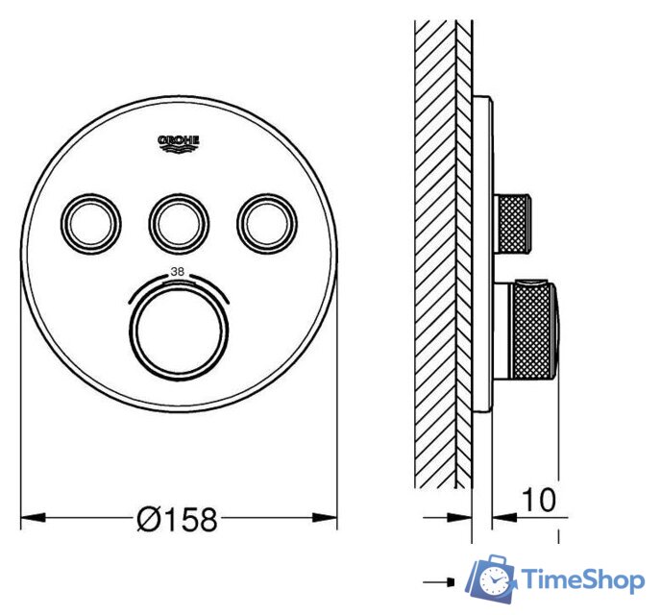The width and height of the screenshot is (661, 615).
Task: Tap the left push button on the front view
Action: pyautogui.click(x=94, y=221)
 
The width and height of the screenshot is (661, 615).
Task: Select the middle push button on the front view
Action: pyautogui.click(x=178, y=221)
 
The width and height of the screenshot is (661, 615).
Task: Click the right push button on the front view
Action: pyautogui.click(x=261, y=221)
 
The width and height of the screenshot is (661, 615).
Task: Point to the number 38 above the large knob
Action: pyautogui.click(x=177, y=272)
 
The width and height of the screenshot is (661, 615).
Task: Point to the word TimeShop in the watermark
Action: pyautogui.click(x=582, y=579)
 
